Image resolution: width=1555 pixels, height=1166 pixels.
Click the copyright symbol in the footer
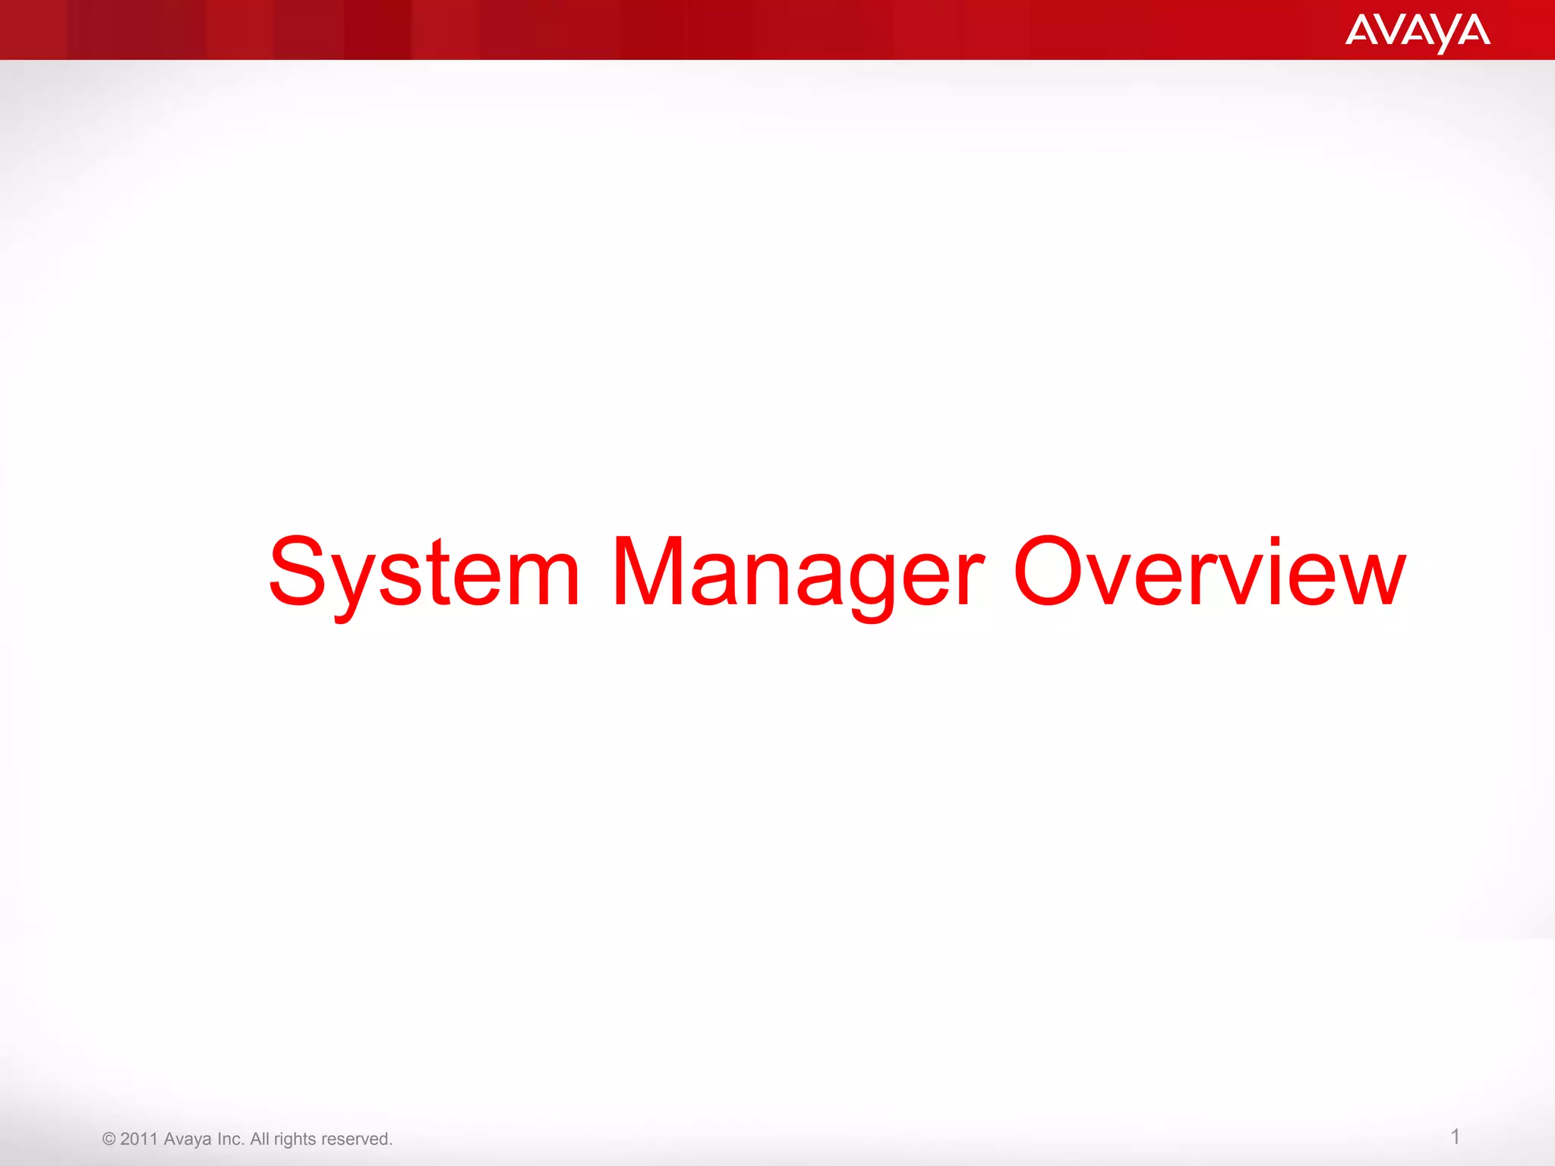(109, 1139)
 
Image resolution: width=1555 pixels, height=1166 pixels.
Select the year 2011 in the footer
(139, 1139)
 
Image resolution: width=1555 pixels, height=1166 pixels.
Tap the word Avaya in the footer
(188, 1139)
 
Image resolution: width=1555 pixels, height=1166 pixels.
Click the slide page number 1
(1455, 1136)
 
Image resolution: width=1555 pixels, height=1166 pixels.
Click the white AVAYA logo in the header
(1417, 32)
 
